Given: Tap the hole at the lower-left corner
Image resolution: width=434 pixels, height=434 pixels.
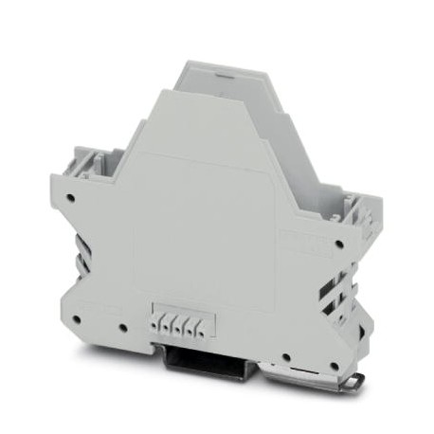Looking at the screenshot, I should pos(78,319).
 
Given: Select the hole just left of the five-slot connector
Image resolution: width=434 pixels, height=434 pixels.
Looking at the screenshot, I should pos(123,329).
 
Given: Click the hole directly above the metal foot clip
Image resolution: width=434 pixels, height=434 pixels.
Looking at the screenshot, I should pos(334,366).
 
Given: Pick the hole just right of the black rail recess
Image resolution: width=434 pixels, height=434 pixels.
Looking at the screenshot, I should pos(287,358).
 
